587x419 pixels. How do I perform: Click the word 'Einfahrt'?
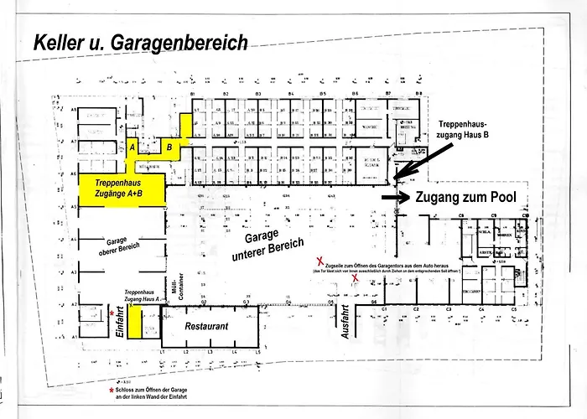pos(119,322)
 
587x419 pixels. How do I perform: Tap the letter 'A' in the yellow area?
pos(132,147)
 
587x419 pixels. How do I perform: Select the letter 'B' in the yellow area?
pos(170,147)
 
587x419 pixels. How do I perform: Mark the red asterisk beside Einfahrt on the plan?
pos(112,312)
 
